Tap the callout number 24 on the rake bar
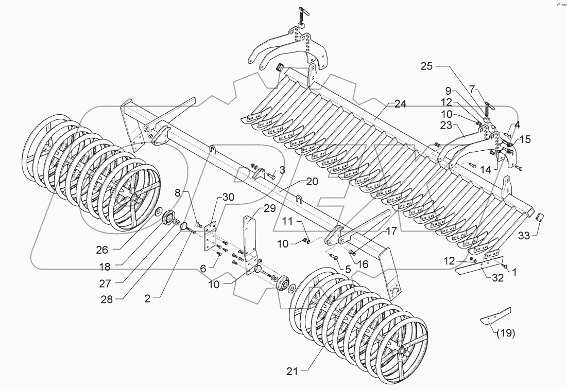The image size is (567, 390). [x=400, y=104]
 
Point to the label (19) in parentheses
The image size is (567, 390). [x=505, y=332]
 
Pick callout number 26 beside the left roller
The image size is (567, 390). [x=102, y=251]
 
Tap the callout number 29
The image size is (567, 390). [x=269, y=208]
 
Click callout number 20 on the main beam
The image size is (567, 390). [x=312, y=182]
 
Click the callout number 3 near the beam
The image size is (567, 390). [x=282, y=170]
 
